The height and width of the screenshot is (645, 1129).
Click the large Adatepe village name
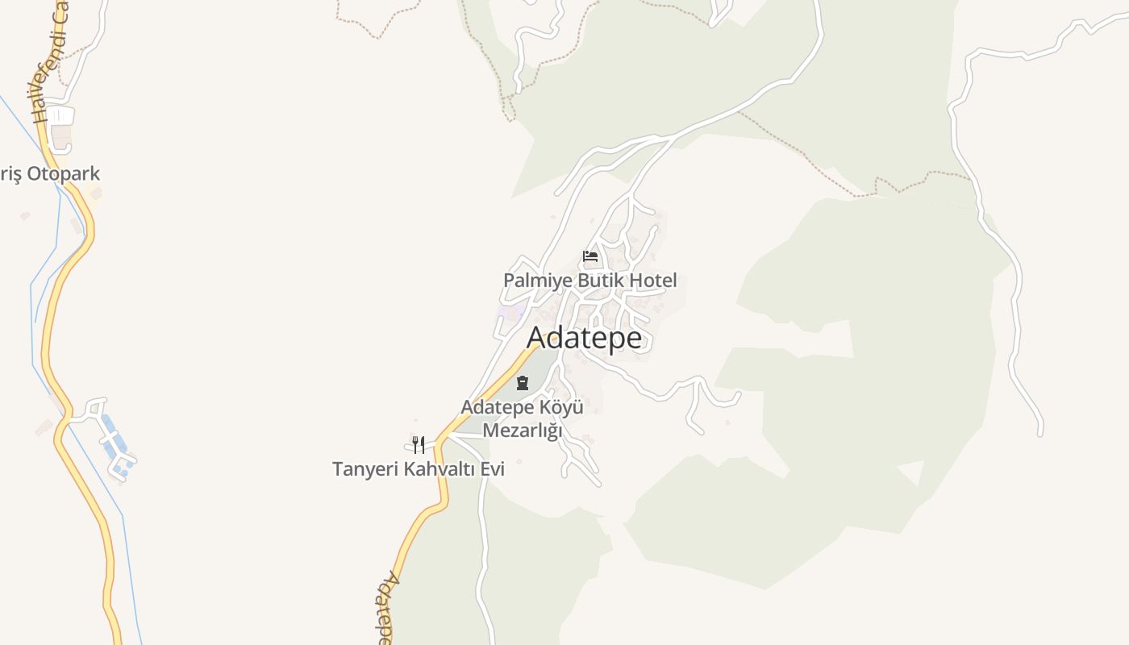click(x=585, y=338)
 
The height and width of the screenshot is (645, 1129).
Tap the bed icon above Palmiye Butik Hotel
click(x=590, y=256)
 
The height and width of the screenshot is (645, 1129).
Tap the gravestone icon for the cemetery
click(x=522, y=383)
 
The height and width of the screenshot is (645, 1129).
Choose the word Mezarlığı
click(x=522, y=431)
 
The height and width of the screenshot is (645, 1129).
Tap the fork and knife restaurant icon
click(x=418, y=444)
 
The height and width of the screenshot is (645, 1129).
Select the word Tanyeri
click(x=365, y=468)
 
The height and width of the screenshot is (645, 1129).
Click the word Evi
click(x=492, y=468)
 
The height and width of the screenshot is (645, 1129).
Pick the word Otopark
click(x=64, y=173)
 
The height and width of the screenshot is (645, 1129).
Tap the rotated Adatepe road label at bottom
click(x=388, y=609)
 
